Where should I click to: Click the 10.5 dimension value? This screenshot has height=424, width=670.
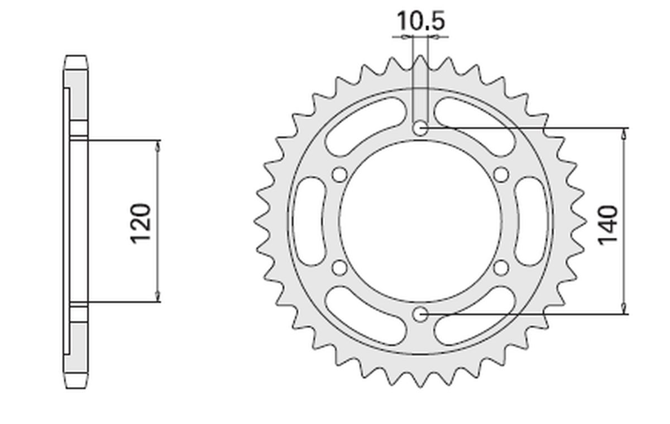tap(420, 22)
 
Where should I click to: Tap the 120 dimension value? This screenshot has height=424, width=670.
tap(141, 224)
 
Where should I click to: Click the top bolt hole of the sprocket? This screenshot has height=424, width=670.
tap(420, 128)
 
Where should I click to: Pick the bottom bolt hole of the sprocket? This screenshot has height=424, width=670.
tap(420, 315)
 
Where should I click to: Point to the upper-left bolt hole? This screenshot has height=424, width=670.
tap(338, 175)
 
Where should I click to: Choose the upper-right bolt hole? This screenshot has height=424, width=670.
tap(501, 175)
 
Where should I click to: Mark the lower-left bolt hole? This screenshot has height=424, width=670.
tap(338, 268)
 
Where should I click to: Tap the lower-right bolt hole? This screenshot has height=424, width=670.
tap(501, 268)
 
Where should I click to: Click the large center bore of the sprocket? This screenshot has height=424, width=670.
tap(420, 221)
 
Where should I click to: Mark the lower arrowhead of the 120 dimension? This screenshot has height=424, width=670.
tap(157, 296)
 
